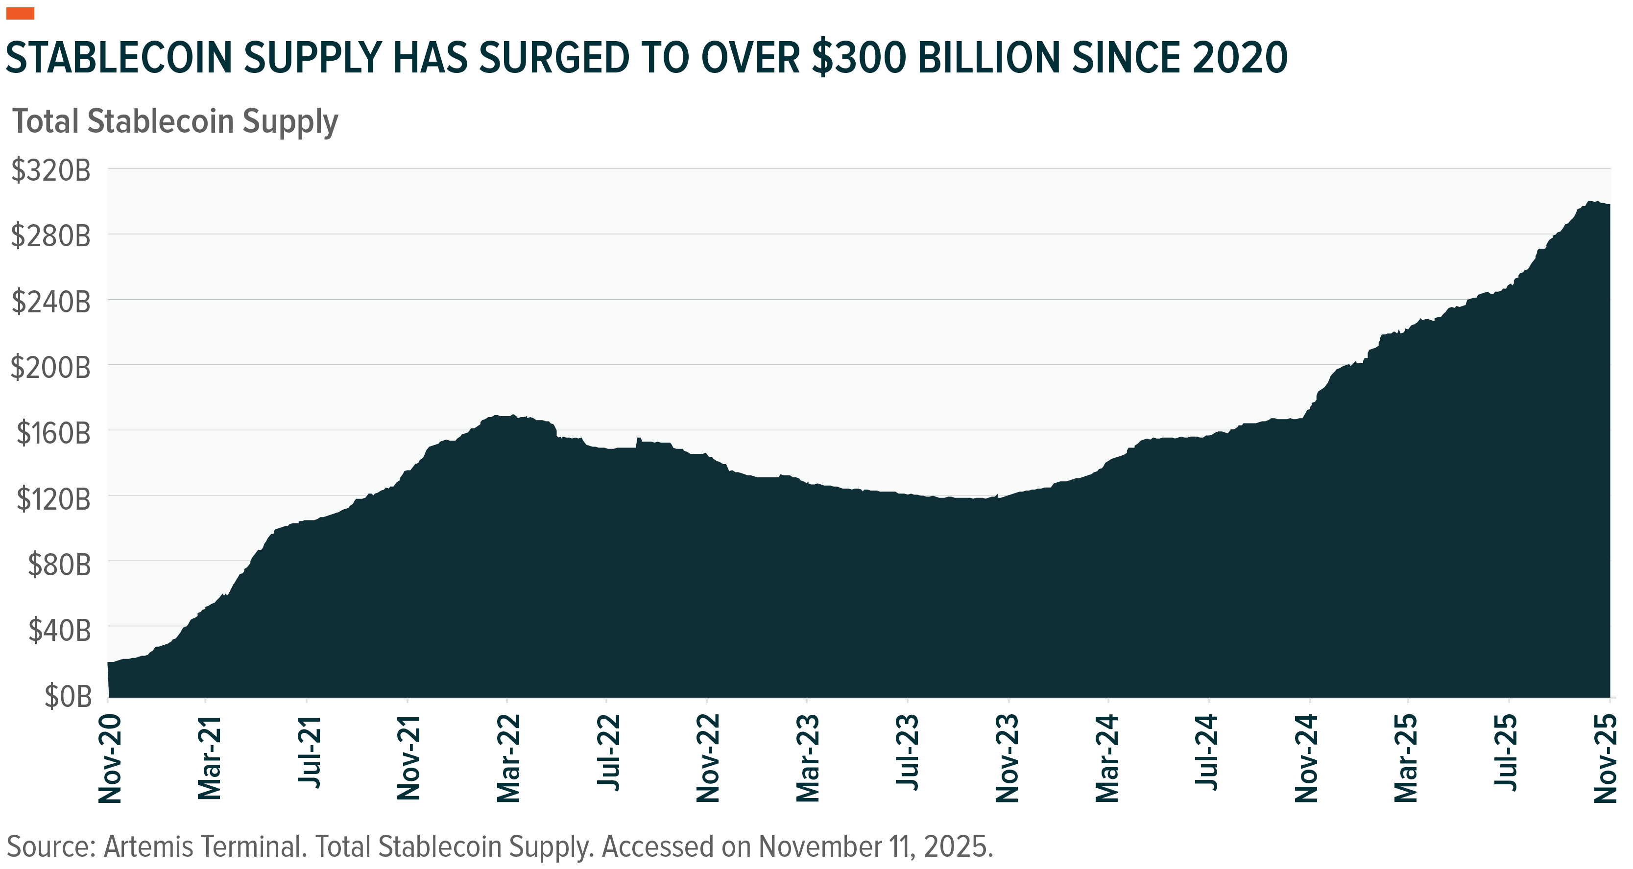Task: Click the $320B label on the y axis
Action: coord(51,172)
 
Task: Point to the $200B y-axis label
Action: coord(51,368)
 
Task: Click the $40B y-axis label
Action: coord(59,631)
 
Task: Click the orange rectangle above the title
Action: coord(20,14)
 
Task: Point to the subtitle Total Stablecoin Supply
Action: coord(176,122)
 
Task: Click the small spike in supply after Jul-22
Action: coord(638,439)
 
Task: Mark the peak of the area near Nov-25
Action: coord(1590,202)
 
